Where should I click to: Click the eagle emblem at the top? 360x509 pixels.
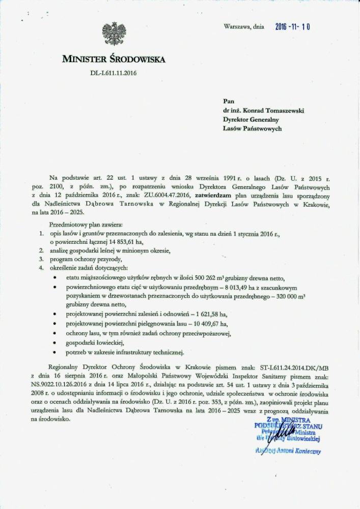click(113, 36)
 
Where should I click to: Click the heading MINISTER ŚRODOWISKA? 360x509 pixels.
click(113, 60)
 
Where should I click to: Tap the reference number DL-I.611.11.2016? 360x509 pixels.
click(113, 73)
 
